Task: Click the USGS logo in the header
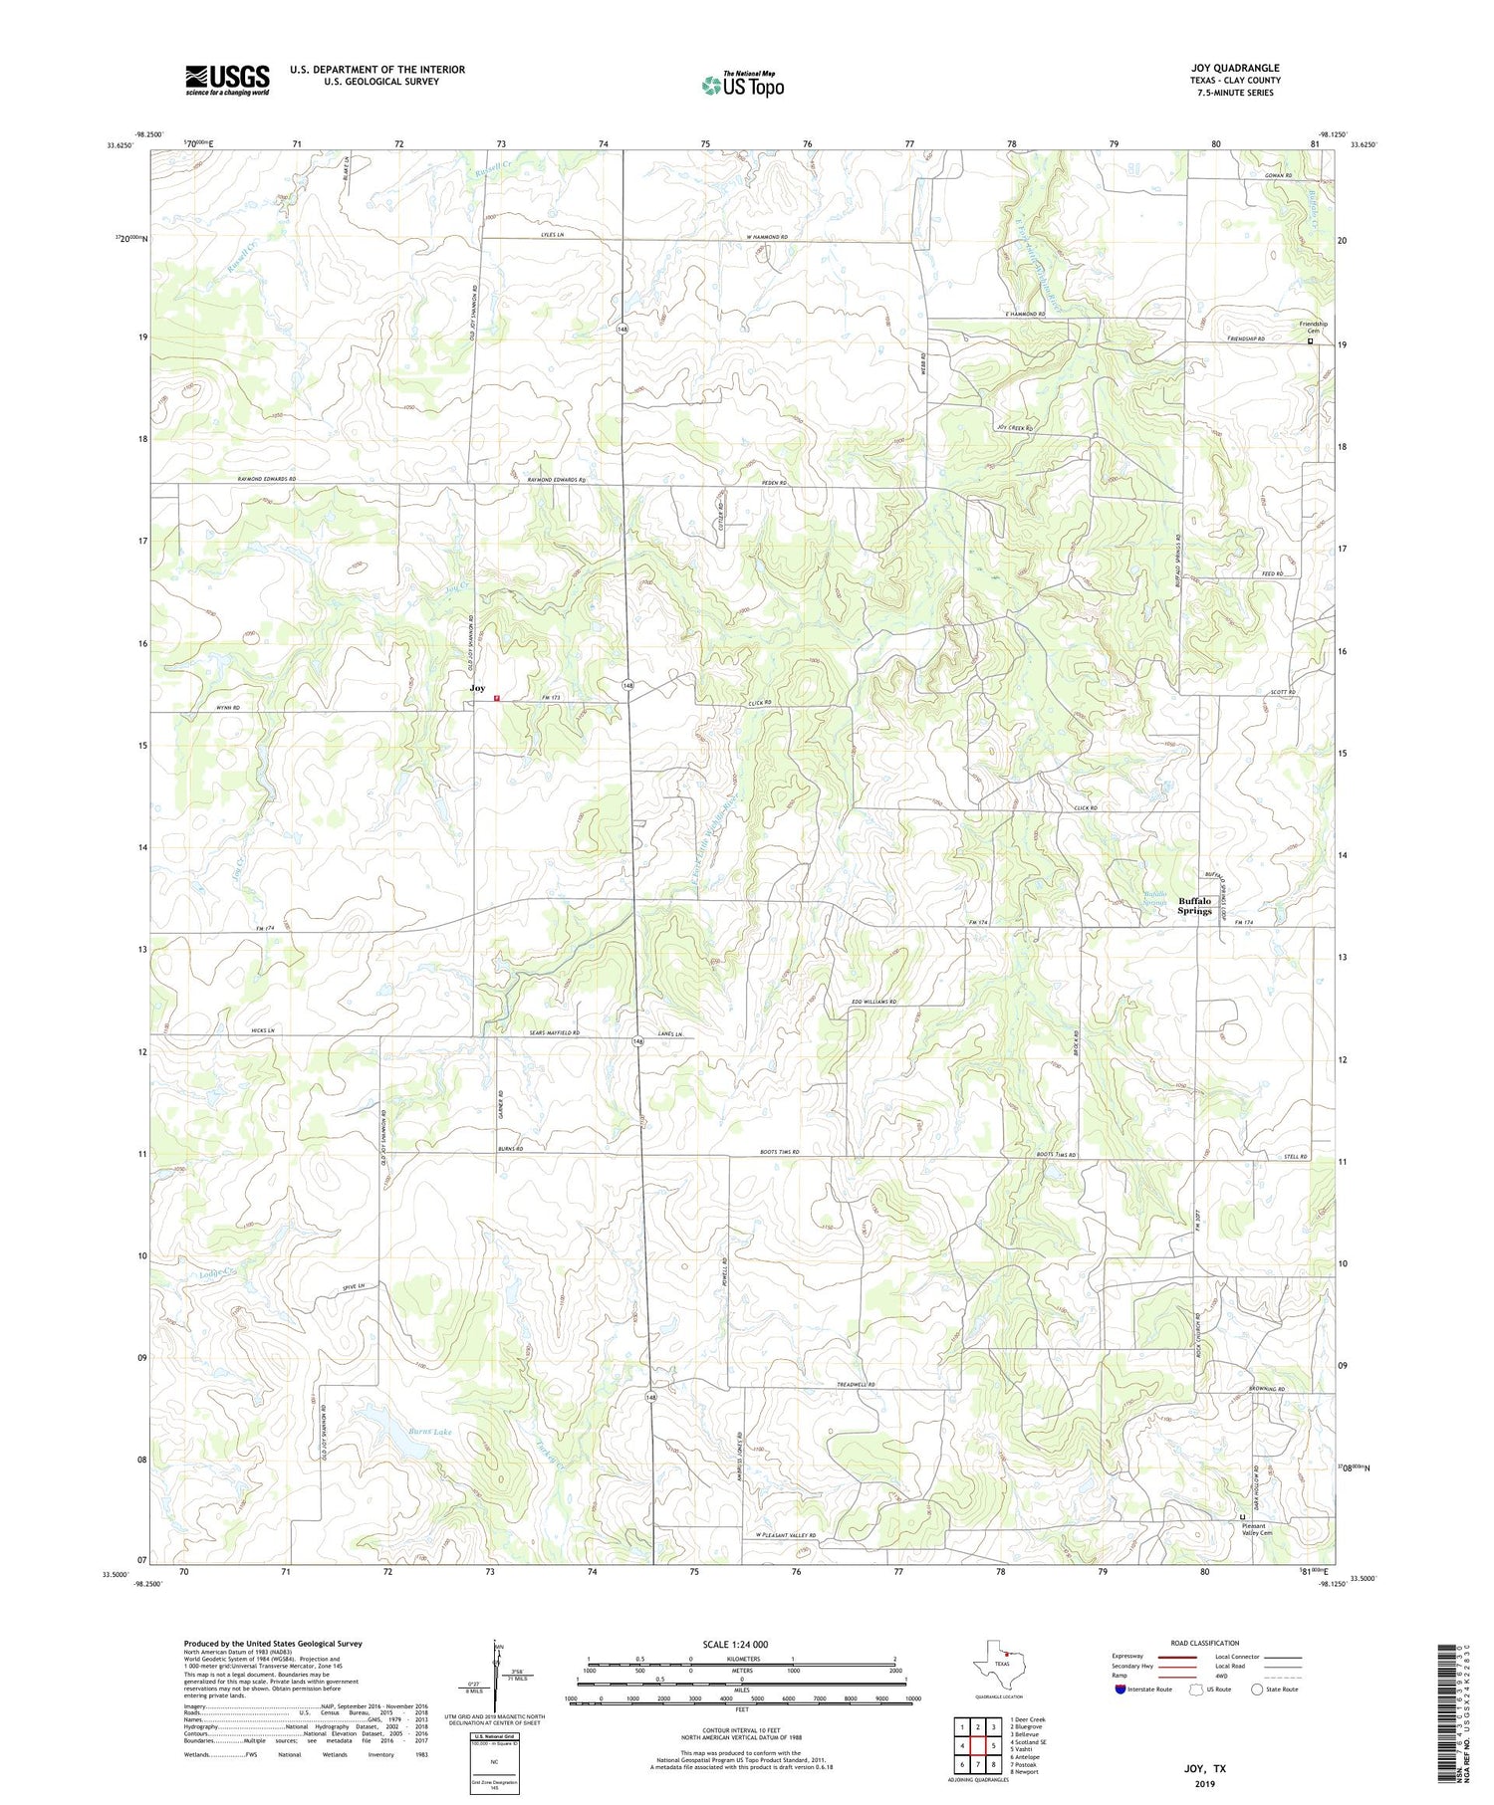coord(227,80)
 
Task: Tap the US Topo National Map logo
coord(742,85)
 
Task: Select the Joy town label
coord(478,688)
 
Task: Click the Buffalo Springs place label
coord(1194,905)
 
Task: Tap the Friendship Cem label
coord(1312,328)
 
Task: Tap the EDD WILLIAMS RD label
coord(873,1002)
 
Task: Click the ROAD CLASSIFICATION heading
coord(1205,1643)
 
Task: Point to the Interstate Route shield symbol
coord(1120,1690)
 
